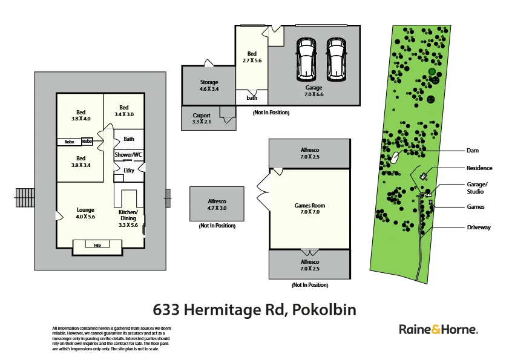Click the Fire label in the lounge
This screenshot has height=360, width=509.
(97, 245)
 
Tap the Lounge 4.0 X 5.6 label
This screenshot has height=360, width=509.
(85, 213)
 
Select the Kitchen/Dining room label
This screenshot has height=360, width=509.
(128, 218)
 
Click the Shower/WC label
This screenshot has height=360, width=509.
(128, 155)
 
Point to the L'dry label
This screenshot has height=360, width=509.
(129, 171)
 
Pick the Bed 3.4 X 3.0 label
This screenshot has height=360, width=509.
(124, 111)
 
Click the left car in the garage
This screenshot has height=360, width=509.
(307, 59)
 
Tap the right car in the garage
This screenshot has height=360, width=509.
(337, 59)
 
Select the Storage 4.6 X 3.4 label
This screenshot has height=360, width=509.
(209, 85)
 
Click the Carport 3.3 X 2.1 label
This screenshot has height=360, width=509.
(202, 118)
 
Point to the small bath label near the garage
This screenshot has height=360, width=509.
(252, 98)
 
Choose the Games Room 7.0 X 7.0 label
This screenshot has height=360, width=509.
(310, 209)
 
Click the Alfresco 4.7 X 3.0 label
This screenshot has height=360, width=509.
(217, 204)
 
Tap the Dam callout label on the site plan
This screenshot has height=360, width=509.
(473, 151)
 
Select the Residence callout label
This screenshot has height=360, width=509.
(479, 168)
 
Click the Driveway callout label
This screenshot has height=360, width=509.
(479, 227)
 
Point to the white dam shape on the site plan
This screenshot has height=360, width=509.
(395, 157)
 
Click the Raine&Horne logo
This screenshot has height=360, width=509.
(438, 330)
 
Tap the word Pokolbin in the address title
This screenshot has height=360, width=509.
(324, 310)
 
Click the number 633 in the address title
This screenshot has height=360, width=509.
(167, 310)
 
